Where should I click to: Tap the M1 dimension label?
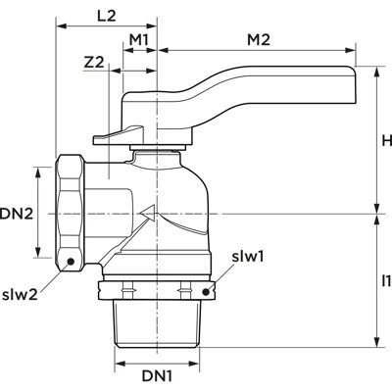click(x=139, y=40)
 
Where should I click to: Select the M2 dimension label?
click(x=259, y=40)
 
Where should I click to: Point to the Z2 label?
click(x=94, y=63)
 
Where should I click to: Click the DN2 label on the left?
click(x=17, y=215)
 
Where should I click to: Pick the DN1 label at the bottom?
click(x=157, y=376)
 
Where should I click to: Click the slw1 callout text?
click(x=248, y=257)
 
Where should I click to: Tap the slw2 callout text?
click(x=20, y=295)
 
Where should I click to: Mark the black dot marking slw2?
click(x=70, y=261)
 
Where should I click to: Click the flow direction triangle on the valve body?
click(x=148, y=213)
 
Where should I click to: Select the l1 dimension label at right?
click(x=386, y=280)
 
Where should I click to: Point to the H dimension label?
click(x=387, y=141)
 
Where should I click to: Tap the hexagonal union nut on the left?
click(x=71, y=213)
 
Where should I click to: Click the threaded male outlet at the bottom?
click(x=156, y=323)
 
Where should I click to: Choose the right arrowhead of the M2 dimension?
click(x=351, y=50)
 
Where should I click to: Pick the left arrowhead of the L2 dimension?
click(x=61, y=25)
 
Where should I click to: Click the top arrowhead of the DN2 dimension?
click(x=38, y=172)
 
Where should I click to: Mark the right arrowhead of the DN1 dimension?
click(x=194, y=364)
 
